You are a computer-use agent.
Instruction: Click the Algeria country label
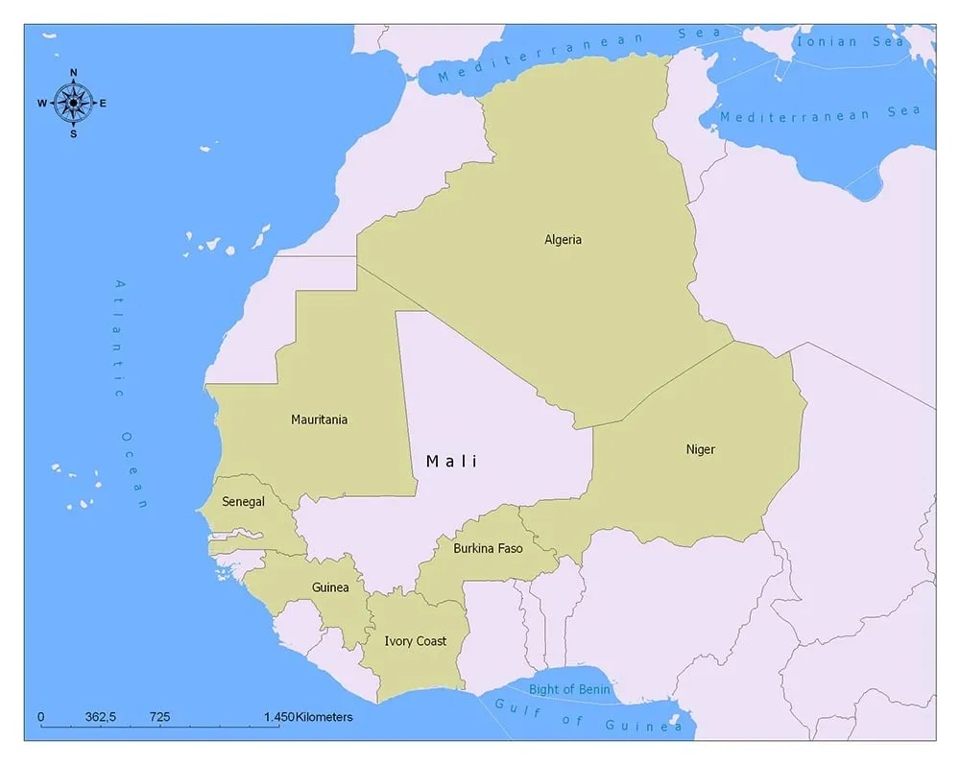563,240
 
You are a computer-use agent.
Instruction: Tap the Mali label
451,462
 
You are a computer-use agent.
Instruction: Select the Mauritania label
319,419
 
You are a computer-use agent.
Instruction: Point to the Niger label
700,449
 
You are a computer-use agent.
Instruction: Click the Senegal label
243,502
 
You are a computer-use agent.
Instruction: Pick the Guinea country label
330,587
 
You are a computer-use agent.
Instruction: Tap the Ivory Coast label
415,641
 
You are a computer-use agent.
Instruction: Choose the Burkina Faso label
488,548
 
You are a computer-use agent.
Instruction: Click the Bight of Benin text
569,689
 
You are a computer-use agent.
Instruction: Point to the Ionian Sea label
851,41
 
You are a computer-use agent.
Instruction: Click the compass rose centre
73,103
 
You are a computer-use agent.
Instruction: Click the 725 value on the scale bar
159,717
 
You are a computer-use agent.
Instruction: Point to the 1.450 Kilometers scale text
308,717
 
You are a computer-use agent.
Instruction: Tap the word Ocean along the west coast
135,469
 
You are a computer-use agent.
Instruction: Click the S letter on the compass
73,133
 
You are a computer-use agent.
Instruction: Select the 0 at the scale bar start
40,717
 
